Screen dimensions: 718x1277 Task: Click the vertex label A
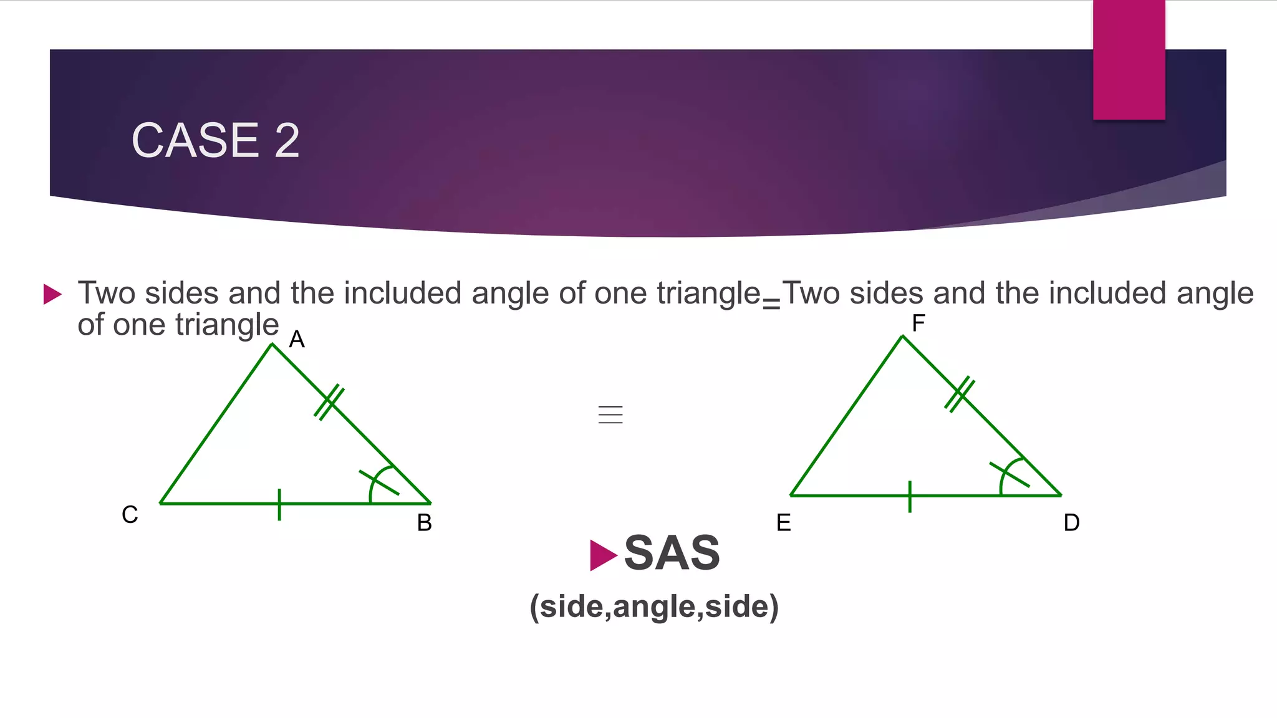[x=297, y=340]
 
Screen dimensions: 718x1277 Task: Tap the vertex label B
[x=424, y=523]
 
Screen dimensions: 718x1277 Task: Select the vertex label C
[x=130, y=515]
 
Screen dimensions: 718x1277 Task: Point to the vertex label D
[x=1071, y=523]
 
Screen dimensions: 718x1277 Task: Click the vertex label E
[x=784, y=523]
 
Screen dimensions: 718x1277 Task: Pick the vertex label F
[x=918, y=323]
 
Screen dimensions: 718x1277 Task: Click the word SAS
[x=672, y=553]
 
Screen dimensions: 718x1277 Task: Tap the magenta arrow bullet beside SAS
[x=602, y=555]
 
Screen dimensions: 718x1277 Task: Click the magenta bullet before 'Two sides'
[x=52, y=294]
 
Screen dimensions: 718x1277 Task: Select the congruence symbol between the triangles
[x=610, y=414]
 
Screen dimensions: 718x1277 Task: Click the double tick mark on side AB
[x=329, y=402]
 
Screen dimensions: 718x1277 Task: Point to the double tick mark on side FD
[x=960, y=394]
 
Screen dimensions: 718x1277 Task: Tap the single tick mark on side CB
[x=279, y=504]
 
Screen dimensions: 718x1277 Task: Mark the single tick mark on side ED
[x=910, y=497]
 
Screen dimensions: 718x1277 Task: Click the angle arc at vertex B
[x=377, y=483]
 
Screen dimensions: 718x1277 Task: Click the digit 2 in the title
[x=287, y=140]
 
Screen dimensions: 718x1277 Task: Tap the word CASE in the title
[x=195, y=140]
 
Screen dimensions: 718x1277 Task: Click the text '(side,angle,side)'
[x=654, y=606]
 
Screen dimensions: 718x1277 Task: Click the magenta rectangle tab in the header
[x=1129, y=60]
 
